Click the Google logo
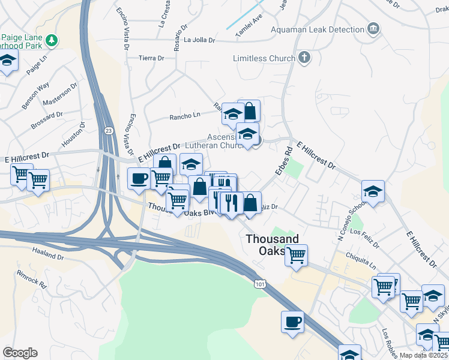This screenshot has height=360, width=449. (x=20, y=353)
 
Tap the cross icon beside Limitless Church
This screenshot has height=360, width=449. (x=305, y=58)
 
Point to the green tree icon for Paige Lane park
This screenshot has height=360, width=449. (x=52, y=40)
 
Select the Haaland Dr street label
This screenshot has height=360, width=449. (x=48, y=254)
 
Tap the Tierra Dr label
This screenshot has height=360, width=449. (x=151, y=58)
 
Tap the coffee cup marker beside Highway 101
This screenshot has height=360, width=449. (x=292, y=322)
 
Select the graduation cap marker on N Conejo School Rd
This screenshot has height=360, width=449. (x=373, y=191)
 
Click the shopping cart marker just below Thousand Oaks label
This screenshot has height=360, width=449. (x=296, y=254)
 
